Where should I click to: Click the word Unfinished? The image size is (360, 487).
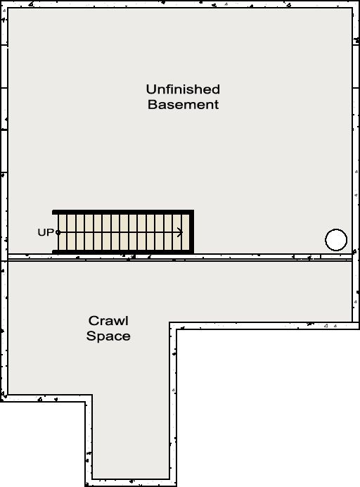[x=183, y=89]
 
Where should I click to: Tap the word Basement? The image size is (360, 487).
[x=183, y=104]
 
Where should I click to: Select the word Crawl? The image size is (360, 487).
[x=108, y=320]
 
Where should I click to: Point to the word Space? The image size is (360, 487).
[x=108, y=336]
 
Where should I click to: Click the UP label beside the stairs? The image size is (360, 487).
[x=46, y=232]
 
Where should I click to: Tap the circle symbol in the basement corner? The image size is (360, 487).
[x=336, y=240]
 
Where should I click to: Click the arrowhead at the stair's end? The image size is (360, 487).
[x=180, y=232]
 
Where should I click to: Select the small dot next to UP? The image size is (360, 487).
[x=58, y=232]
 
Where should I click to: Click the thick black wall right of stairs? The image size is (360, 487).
[x=192, y=232]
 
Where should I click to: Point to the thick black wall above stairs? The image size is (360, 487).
[x=123, y=212]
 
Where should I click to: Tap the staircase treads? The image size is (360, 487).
[x=124, y=232]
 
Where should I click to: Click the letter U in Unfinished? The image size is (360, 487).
[x=151, y=89]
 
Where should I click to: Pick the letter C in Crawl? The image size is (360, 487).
[x=94, y=320]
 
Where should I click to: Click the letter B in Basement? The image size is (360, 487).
[x=152, y=104]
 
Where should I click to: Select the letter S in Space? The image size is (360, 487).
[x=91, y=336]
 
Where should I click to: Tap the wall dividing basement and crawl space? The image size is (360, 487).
[x=180, y=258]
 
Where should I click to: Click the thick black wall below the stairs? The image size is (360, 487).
[x=123, y=252]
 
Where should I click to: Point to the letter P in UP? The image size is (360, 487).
[x=50, y=232]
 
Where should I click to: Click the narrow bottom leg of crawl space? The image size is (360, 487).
[x=131, y=435]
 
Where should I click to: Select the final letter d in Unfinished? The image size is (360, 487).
[x=216, y=89]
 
